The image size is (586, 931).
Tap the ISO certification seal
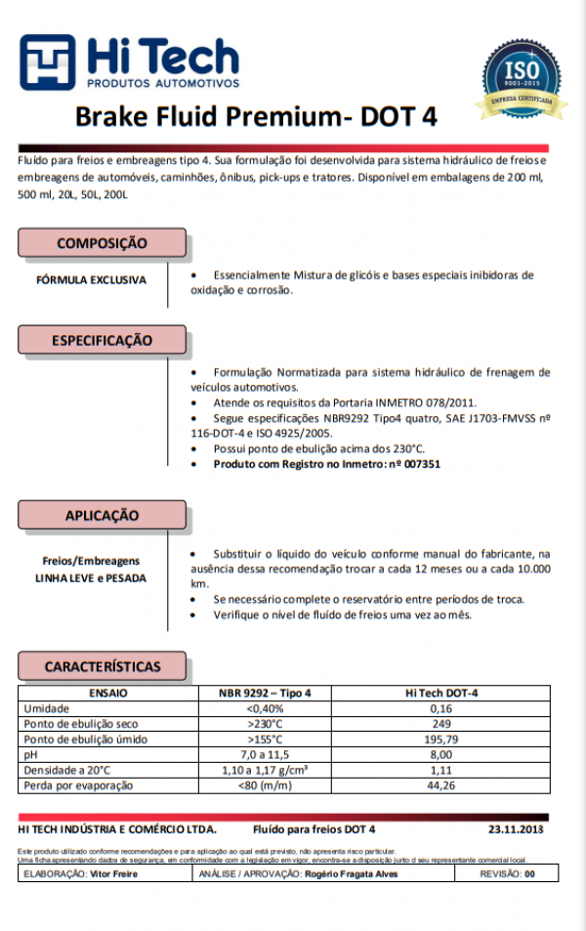click(521, 73)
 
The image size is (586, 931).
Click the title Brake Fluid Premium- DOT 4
click(256, 117)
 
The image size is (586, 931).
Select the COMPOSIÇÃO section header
click(102, 243)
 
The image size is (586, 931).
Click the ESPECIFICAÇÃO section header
click(102, 341)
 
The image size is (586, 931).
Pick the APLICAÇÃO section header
click(102, 515)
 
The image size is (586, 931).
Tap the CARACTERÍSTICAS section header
click(102, 666)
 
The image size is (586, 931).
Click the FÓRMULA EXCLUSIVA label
click(91, 279)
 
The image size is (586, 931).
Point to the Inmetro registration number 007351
click(421, 465)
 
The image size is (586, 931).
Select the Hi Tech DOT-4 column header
click(440, 693)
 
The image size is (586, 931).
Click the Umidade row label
click(46, 708)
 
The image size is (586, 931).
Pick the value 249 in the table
click(441, 724)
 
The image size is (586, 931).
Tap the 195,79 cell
click(441, 740)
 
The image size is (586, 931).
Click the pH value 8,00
click(441, 755)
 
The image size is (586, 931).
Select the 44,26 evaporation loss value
click(441, 786)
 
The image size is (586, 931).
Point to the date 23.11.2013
click(516, 829)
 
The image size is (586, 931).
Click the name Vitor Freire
click(115, 874)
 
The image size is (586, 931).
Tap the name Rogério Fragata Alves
click(352, 874)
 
